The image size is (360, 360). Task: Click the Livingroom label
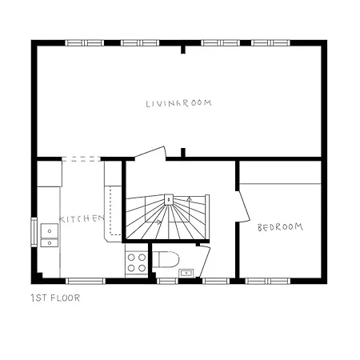pos(181,103)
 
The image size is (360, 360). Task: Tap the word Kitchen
pos(82,218)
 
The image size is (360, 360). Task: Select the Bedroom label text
pos(280,227)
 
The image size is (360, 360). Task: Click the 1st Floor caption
pos(54,299)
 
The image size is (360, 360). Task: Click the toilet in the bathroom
pos(166,261)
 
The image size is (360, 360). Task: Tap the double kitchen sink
pos(50,232)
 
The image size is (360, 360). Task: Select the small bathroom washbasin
pos(187,272)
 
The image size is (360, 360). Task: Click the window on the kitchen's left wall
pos(34,232)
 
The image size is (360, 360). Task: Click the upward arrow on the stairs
pos(189,200)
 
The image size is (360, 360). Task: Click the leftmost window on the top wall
pos(80,42)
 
